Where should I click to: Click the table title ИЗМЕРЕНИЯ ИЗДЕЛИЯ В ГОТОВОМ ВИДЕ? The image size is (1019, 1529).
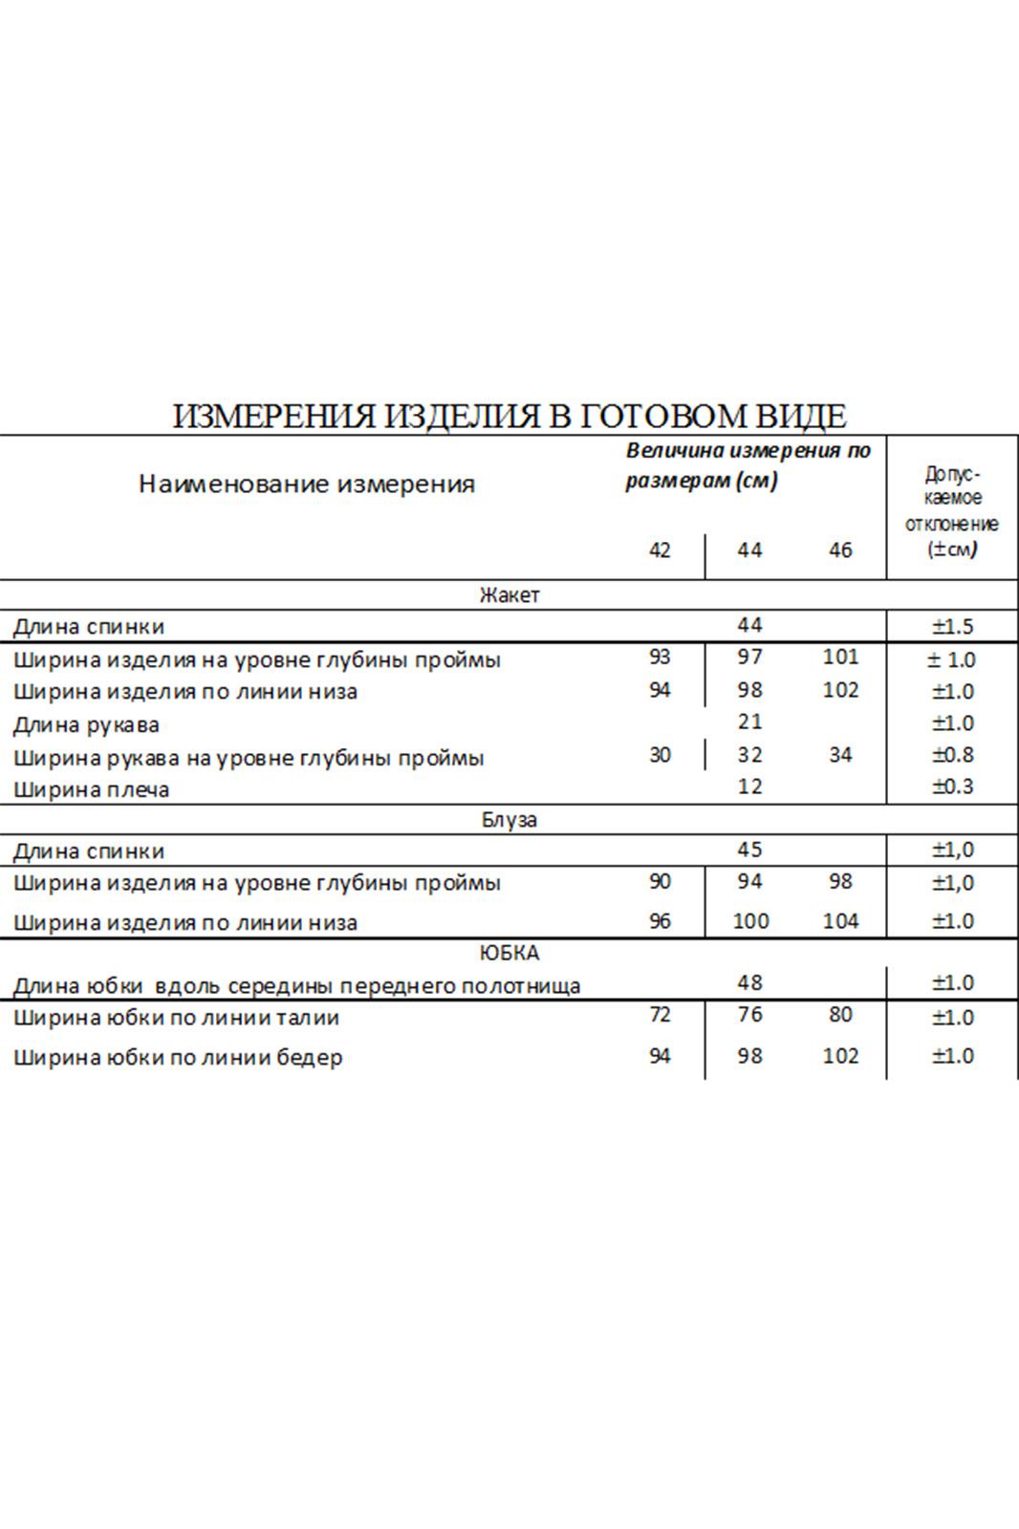pyautogui.click(x=509, y=417)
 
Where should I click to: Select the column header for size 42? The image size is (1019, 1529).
pyautogui.click(x=660, y=550)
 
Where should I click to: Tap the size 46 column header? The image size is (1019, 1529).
pyautogui.click(x=840, y=550)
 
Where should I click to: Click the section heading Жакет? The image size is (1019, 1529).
pyautogui.click(x=509, y=595)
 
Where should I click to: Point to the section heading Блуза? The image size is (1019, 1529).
pyautogui.click(x=509, y=820)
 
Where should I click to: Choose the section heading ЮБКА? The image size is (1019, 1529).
pyautogui.click(x=509, y=953)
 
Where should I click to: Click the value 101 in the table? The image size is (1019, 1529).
pyautogui.click(x=840, y=657)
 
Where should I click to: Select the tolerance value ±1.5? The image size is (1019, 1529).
pyautogui.click(x=953, y=627)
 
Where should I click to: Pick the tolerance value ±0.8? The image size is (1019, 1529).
pyautogui.click(x=953, y=755)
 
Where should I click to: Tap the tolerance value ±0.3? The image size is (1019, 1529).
pyautogui.click(x=953, y=786)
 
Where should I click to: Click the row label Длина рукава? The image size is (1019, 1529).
pyautogui.click(x=86, y=725)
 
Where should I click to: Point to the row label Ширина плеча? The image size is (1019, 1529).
pyautogui.click(x=92, y=790)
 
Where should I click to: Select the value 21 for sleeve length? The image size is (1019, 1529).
pyautogui.click(x=750, y=722)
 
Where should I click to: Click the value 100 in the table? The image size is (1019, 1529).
pyautogui.click(x=750, y=921)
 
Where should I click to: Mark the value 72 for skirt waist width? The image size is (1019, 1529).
pyautogui.click(x=660, y=1015)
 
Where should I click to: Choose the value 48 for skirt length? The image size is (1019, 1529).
pyautogui.click(x=750, y=982)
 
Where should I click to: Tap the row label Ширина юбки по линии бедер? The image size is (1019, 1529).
pyautogui.click(x=178, y=1058)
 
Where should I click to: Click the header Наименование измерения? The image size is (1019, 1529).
pyautogui.click(x=307, y=484)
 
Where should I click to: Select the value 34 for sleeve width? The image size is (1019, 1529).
pyautogui.click(x=840, y=755)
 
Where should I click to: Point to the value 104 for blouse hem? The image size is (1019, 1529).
pyautogui.click(x=840, y=921)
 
